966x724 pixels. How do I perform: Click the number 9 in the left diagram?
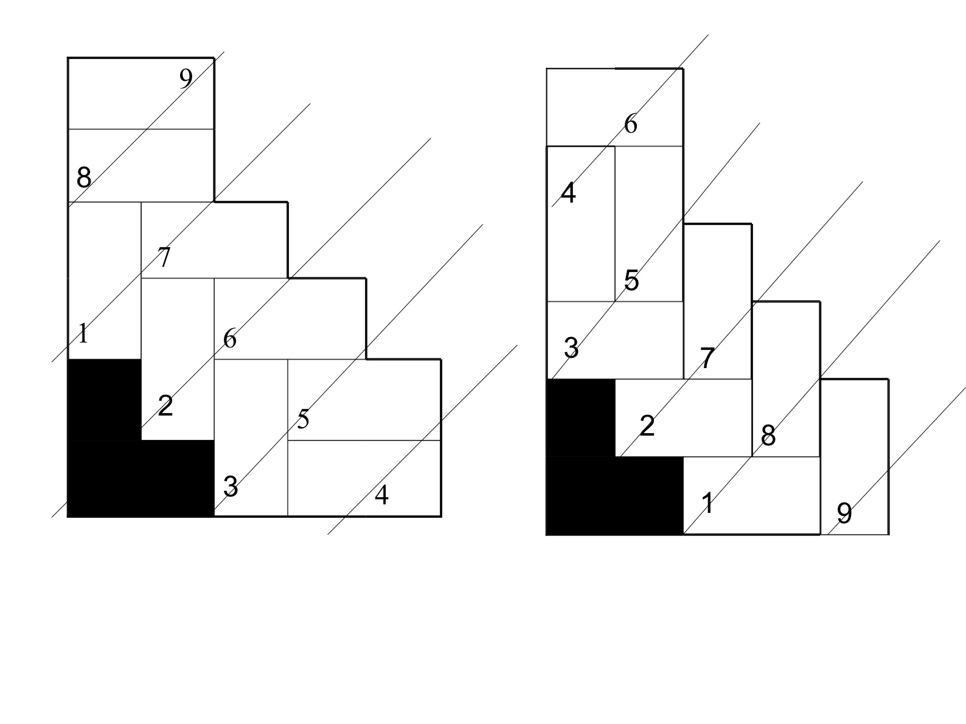coord(186,78)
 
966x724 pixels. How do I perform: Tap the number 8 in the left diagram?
coord(83,178)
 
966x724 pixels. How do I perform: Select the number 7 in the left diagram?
coord(164,257)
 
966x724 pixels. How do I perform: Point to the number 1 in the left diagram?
coord(83,333)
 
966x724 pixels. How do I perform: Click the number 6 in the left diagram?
coord(230,338)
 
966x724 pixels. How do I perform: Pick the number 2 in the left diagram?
coord(165,405)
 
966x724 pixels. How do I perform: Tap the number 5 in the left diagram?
coord(303,419)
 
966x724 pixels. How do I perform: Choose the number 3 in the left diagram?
coord(231,487)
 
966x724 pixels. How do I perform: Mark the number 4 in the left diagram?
coord(381,495)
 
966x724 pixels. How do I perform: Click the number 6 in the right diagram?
coord(631,124)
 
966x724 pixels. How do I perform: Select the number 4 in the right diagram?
coord(568,193)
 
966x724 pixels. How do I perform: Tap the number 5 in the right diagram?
coord(631,280)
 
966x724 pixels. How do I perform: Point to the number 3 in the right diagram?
coord(571,348)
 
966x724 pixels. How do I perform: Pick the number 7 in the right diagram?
coord(707,358)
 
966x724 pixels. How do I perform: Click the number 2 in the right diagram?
coord(647,426)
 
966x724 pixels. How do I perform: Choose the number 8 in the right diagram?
coord(768,436)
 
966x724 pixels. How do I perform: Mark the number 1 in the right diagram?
coord(707,503)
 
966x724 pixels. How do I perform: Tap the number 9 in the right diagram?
coord(844,513)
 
